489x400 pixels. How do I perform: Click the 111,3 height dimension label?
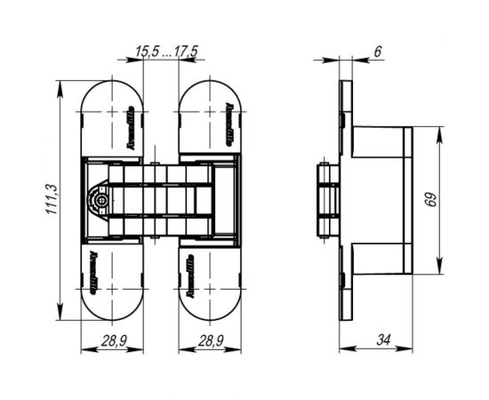52,202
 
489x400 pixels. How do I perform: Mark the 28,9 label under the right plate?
210,340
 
